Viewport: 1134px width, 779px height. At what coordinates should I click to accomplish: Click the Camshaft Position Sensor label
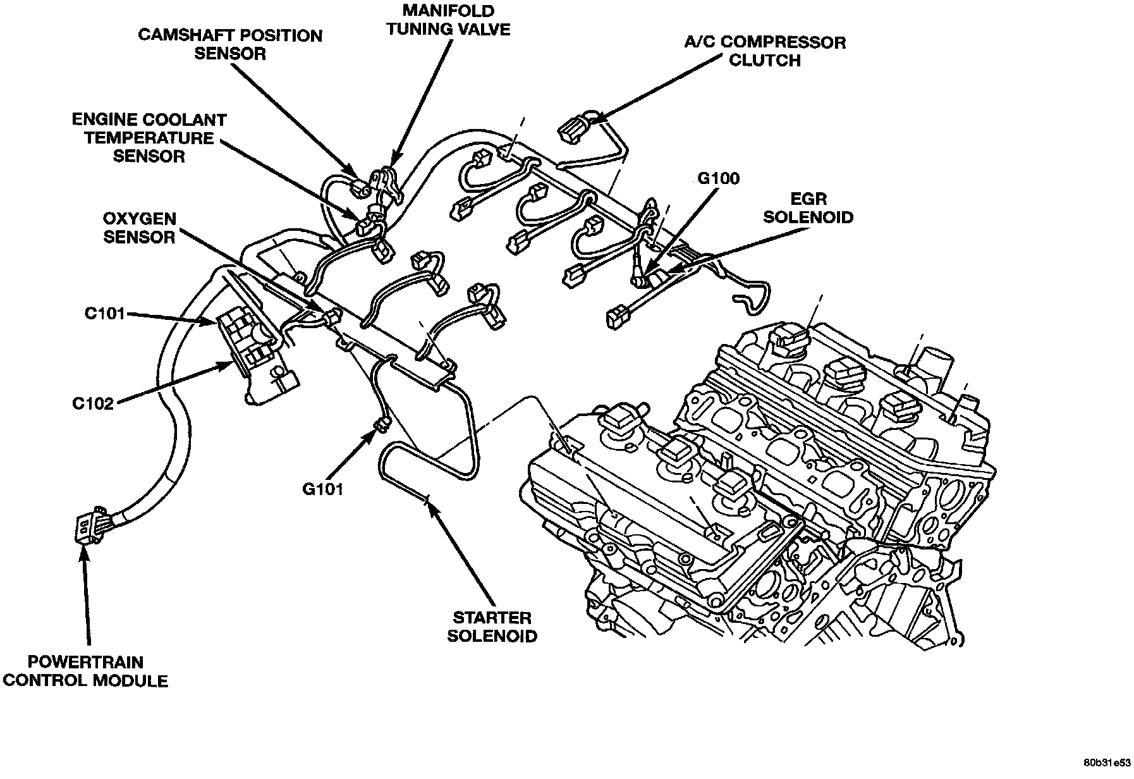230,44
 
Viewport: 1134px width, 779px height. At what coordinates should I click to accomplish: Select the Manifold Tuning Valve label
448,20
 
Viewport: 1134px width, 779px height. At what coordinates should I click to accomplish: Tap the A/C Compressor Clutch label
765,51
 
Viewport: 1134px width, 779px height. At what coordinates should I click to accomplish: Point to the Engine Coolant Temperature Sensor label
149,138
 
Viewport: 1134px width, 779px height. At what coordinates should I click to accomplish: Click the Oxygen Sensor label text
139,228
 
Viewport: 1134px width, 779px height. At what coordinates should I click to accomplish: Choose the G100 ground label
718,179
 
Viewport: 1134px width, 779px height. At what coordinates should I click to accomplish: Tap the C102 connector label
92,403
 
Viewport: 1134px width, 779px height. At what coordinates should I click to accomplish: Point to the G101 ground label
322,489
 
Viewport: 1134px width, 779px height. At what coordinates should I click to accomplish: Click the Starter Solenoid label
492,626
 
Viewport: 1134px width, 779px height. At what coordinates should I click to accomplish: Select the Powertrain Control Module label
85,672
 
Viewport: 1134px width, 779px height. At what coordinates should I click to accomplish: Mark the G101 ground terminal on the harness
381,424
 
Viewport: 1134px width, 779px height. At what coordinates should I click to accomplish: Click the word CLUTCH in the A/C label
765,61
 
